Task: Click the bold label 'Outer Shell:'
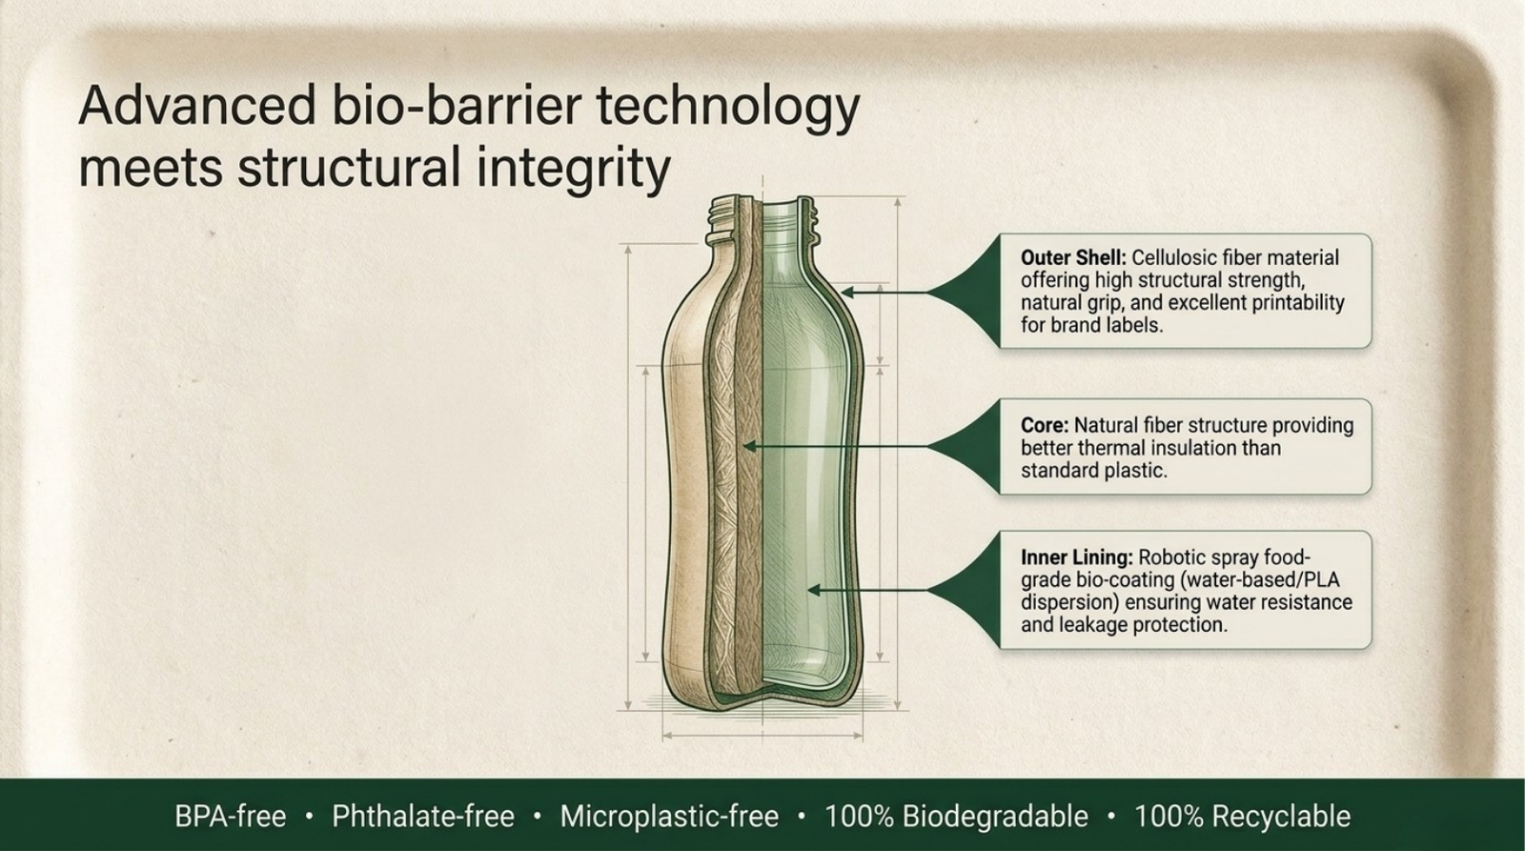pyautogui.click(x=1073, y=258)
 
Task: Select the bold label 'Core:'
pyautogui.click(x=1045, y=425)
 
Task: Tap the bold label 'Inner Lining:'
pyautogui.click(x=1076, y=557)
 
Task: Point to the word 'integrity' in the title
pyautogui.click(x=573, y=169)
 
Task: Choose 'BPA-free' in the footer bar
pyautogui.click(x=230, y=817)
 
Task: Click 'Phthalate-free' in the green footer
pyautogui.click(x=423, y=817)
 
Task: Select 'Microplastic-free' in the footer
pyautogui.click(x=669, y=817)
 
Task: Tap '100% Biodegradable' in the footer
pyautogui.click(x=957, y=817)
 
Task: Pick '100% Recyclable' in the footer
pyautogui.click(x=1243, y=817)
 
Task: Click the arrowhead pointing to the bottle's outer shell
pyautogui.click(x=847, y=293)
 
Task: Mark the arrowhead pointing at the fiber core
pyautogui.click(x=749, y=447)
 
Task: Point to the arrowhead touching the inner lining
pyautogui.click(x=814, y=590)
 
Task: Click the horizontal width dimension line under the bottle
pyautogui.click(x=762, y=736)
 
